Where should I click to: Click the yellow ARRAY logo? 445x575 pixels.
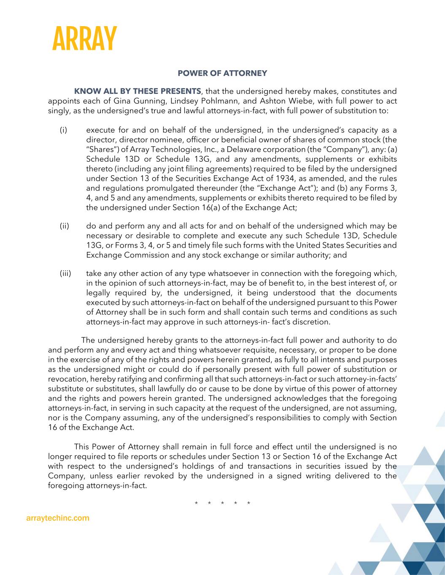point(84,38)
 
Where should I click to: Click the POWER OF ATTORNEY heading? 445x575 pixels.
point(222,73)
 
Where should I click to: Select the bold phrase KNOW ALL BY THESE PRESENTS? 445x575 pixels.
point(138,91)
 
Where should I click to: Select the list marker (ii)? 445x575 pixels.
point(64,226)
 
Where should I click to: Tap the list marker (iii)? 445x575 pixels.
point(65,274)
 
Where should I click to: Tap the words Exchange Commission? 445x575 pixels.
point(123,255)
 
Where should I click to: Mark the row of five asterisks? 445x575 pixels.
point(222,503)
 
